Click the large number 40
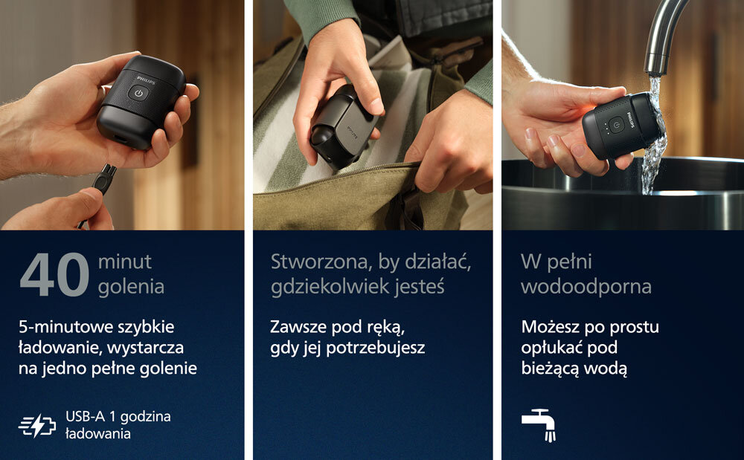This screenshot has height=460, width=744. [x=54, y=275]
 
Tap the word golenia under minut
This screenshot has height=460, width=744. [x=131, y=287]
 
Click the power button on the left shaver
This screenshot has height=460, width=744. [x=138, y=94]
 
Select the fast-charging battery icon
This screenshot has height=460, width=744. [x=37, y=425]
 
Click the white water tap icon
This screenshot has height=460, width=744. [x=539, y=424]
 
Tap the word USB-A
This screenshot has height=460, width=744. [x=86, y=416]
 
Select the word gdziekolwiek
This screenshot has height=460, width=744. [x=328, y=287]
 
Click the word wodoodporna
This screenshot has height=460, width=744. [x=586, y=287]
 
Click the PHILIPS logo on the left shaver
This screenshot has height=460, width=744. [x=146, y=80]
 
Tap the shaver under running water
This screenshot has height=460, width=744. [x=621, y=126]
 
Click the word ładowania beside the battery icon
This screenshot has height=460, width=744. [x=97, y=433]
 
